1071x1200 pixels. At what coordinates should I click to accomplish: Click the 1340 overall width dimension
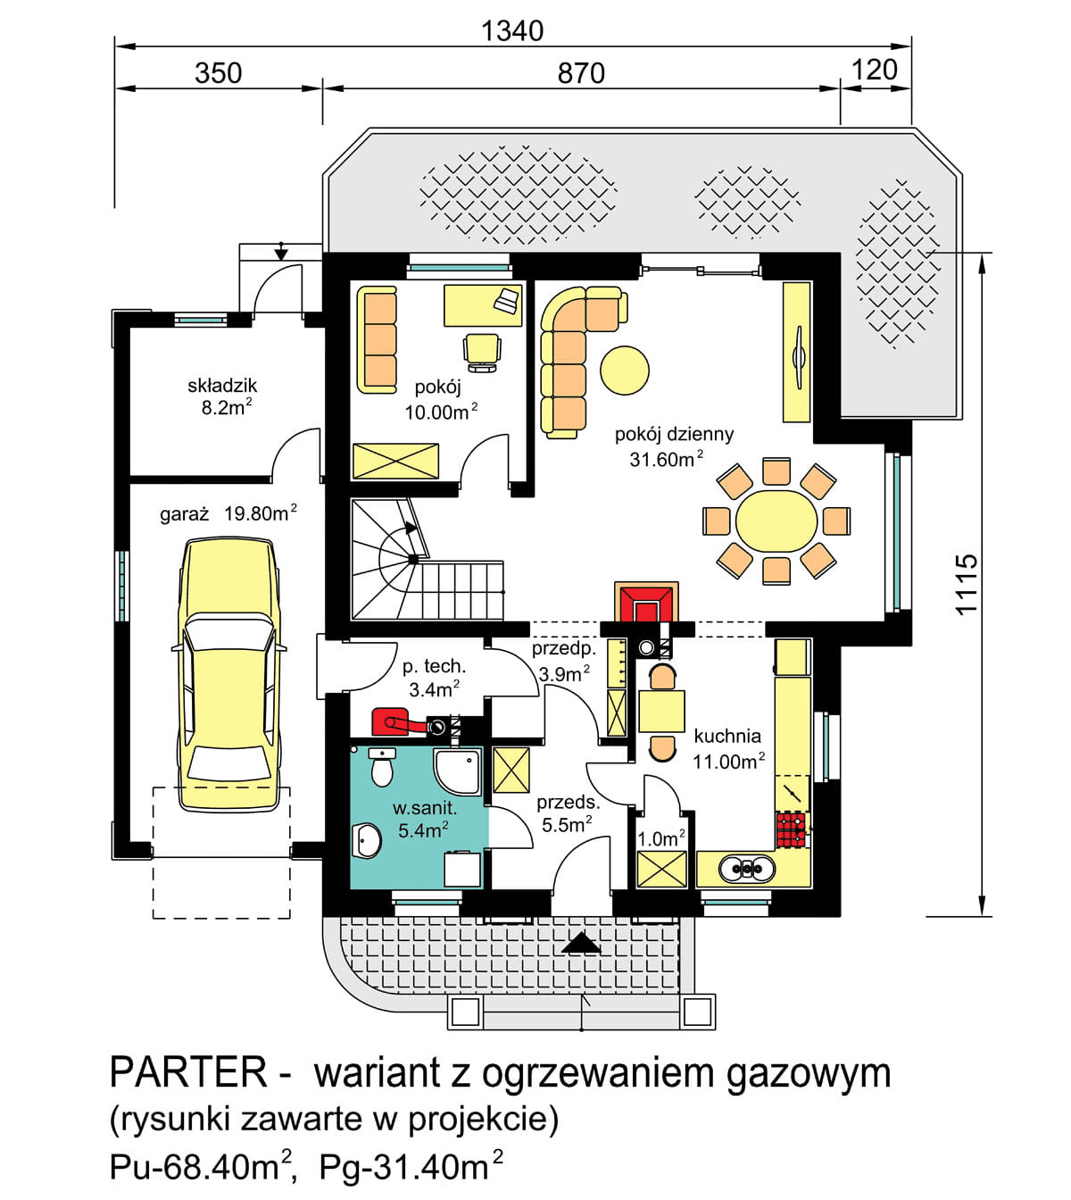click(x=511, y=30)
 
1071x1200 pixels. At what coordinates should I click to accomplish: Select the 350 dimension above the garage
click(x=218, y=72)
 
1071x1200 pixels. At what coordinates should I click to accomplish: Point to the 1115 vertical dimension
click(x=967, y=585)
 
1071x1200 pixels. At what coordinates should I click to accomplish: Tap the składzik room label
click(x=222, y=386)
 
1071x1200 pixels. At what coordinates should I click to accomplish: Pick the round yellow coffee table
click(x=624, y=370)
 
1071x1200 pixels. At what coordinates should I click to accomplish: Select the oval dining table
click(x=776, y=521)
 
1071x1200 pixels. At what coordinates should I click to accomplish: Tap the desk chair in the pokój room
click(x=482, y=351)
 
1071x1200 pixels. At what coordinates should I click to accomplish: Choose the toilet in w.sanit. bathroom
click(x=382, y=767)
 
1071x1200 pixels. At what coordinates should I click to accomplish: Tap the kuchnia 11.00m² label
click(x=728, y=748)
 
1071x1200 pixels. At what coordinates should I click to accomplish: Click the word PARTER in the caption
click(x=187, y=1072)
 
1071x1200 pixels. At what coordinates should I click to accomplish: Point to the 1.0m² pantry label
click(x=660, y=838)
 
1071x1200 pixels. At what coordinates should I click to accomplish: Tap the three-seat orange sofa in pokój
click(x=378, y=339)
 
